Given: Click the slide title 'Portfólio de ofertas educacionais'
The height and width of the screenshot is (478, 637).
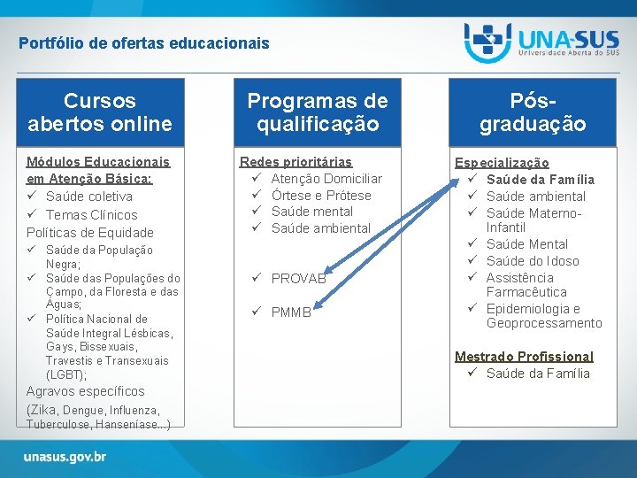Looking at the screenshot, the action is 144,43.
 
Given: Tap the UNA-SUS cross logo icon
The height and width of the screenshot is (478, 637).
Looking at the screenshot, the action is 487,42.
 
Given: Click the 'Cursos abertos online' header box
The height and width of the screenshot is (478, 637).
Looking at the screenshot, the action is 100,112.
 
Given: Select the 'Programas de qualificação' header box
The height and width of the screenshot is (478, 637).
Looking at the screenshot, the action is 318,112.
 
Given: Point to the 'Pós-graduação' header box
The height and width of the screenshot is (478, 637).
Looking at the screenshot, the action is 533,112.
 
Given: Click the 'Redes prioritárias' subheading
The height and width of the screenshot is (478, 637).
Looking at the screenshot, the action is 295,162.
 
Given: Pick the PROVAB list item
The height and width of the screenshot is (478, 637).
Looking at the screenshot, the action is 299,279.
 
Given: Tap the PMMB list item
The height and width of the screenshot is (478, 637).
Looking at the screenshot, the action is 291,312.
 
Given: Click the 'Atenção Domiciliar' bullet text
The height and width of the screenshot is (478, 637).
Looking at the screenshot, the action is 326,179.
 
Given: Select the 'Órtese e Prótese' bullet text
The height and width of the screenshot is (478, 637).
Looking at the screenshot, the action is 321,196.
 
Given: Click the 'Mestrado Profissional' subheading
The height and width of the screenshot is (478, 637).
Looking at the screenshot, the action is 524,357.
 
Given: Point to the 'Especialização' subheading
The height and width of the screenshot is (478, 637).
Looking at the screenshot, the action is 502,163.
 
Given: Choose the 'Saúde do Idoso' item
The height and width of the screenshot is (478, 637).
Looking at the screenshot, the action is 533,261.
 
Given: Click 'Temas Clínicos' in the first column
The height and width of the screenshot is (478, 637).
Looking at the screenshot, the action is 91,214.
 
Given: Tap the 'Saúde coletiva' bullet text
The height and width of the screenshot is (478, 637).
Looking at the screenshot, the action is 89,197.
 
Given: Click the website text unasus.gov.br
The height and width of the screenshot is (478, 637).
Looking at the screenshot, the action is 65,457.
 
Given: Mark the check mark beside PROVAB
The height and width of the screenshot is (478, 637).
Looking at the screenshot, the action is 257,277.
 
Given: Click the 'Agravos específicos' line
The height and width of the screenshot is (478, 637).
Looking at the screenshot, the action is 85,391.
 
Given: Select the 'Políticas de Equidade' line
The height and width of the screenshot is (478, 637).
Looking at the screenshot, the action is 89,233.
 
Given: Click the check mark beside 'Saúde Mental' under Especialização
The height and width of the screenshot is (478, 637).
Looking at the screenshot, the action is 472,243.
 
